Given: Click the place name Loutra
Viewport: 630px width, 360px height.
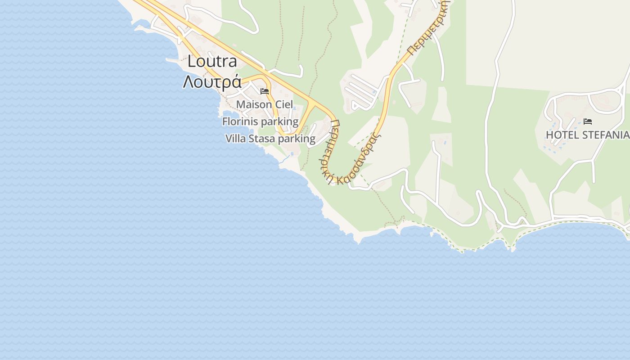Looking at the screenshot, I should coord(212,61).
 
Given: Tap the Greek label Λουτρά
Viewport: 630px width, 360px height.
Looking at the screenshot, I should coord(212,82).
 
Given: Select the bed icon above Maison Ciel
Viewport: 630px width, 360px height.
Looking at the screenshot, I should coord(265,91).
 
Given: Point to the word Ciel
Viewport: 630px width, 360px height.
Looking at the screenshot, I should coord(284,104).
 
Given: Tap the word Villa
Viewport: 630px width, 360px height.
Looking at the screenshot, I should coord(237,139).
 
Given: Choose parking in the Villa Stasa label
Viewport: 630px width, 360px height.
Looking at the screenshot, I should coord(297,139).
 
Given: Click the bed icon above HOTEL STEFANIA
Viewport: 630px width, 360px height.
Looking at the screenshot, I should coord(588,121).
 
